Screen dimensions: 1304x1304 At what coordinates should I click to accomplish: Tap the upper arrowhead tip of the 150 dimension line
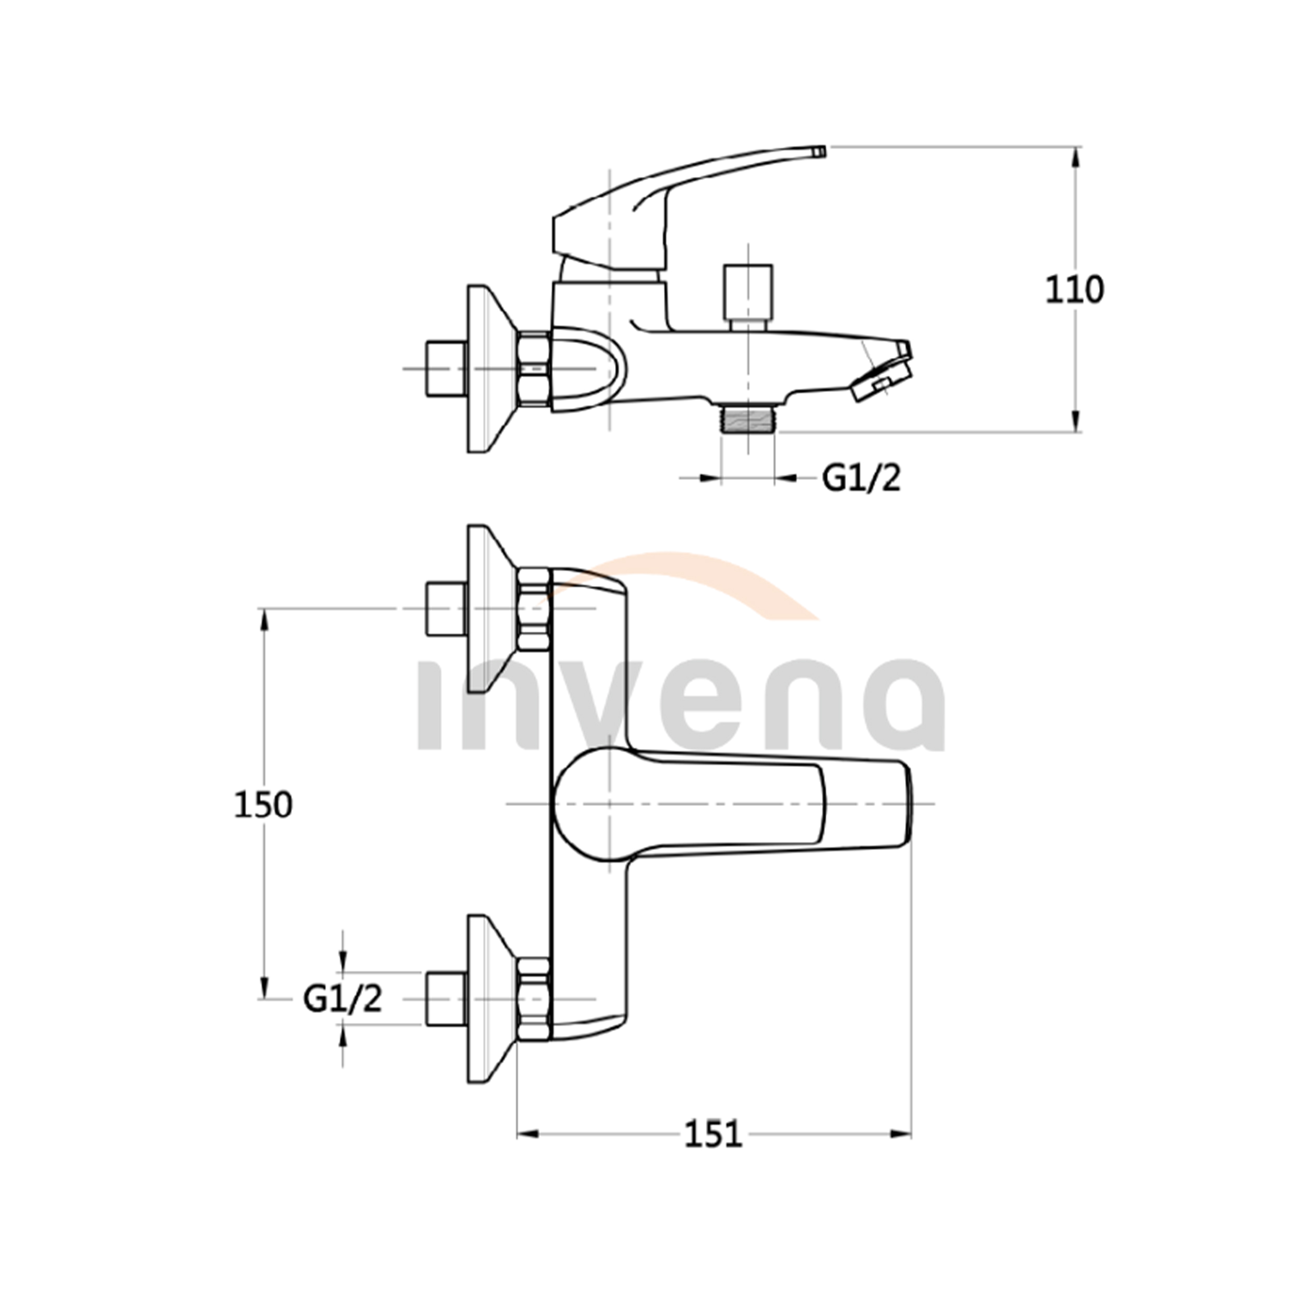click(264, 609)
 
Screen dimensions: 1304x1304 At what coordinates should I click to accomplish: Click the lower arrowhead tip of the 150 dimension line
click(264, 999)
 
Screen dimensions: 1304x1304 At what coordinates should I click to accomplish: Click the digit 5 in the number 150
click(263, 805)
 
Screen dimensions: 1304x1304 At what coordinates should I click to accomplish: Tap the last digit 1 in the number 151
click(734, 1134)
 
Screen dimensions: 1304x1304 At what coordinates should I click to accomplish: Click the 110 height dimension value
click(1074, 290)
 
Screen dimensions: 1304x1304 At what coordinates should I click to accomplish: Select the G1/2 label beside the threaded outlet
click(862, 479)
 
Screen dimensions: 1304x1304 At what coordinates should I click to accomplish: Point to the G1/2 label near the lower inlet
click(343, 999)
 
